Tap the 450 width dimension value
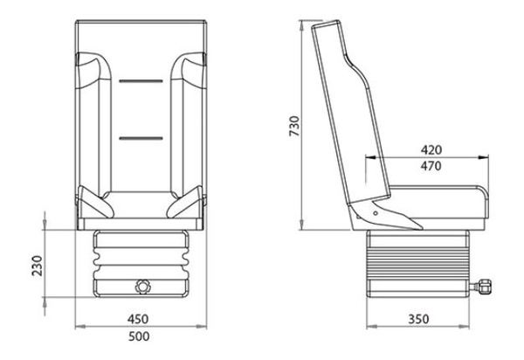[140, 318]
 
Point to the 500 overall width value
[140, 336]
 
